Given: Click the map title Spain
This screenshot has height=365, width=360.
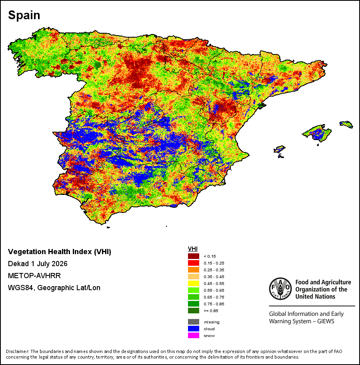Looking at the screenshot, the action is click(24, 15).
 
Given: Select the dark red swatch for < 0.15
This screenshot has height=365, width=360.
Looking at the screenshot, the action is click(193, 256).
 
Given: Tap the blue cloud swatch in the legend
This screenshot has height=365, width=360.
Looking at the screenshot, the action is click(193, 329).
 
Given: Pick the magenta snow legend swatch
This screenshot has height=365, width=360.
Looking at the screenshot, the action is click(193, 335).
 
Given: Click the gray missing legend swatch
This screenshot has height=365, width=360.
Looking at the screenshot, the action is click(193, 322).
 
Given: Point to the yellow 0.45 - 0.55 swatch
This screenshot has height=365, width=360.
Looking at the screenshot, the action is click(193, 283).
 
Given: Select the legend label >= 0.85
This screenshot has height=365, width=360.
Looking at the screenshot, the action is click(211, 311).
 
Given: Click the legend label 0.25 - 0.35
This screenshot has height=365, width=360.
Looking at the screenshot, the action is click(214, 270).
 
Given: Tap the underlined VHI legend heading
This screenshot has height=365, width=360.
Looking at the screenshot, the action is click(193, 249).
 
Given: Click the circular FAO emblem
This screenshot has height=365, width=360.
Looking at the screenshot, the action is click(280, 289).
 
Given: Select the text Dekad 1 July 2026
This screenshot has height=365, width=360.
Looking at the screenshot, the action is click(38, 264).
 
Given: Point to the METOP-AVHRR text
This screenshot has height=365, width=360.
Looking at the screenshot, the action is click(34, 276).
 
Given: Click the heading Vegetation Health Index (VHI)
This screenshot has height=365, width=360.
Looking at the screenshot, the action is click(60, 252).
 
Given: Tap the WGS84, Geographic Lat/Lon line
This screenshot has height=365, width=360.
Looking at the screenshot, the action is click(54, 288).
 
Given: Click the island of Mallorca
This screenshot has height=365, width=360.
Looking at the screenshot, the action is click(317, 133).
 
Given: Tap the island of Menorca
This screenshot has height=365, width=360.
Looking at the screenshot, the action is click(346, 124).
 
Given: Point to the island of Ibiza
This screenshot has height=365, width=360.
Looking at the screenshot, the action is click(279, 149).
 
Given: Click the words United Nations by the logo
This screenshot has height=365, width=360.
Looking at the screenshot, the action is click(315, 297).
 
